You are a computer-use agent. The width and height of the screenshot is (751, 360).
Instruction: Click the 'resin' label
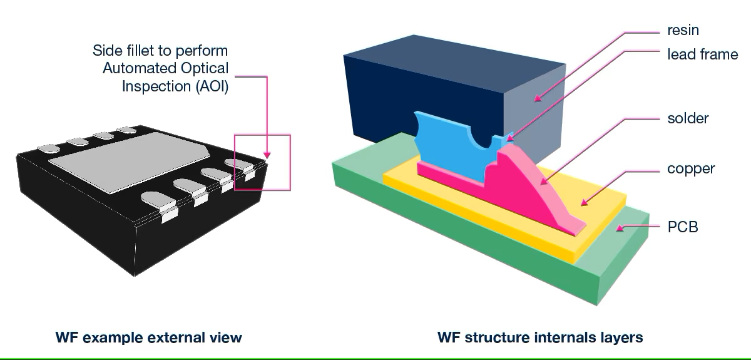[x=683, y=30]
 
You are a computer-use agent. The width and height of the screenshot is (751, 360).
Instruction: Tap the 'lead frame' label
[x=702, y=54]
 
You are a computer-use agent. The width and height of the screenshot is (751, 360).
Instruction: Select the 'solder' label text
[x=688, y=118]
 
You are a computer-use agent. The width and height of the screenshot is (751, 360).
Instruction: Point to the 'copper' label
[x=691, y=168]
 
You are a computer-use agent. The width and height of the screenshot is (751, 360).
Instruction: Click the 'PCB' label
[x=682, y=226]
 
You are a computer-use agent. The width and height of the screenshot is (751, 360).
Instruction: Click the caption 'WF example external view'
[x=148, y=338]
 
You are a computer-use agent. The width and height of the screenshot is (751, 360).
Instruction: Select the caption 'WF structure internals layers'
[x=539, y=338]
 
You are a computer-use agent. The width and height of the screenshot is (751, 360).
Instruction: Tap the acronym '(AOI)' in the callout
[x=209, y=86]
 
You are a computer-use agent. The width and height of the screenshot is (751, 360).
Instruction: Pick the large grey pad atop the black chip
[x=128, y=160]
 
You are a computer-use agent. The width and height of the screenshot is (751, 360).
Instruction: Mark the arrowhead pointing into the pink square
[x=267, y=154]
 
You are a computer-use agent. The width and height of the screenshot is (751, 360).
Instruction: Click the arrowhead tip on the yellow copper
[x=583, y=203]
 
